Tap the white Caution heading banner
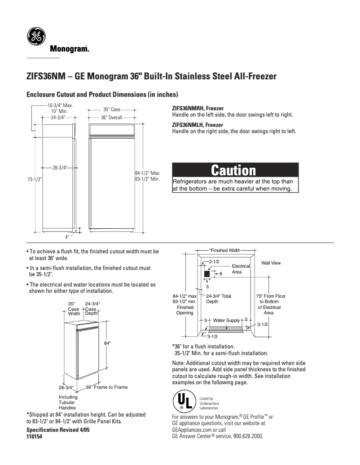(x=235, y=170)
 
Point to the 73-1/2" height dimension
(x=34, y=179)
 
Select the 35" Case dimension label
(x=111, y=109)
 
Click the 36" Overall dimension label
(x=111, y=117)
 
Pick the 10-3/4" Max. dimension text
(x=60, y=105)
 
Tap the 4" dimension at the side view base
(x=67, y=236)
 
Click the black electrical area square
(x=207, y=274)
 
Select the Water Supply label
(x=226, y=320)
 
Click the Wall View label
(x=271, y=263)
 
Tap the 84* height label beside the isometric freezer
(x=107, y=343)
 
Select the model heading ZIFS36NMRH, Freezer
(x=198, y=109)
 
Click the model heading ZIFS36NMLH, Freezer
(x=198, y=125)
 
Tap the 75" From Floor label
(x=271, y=296)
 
